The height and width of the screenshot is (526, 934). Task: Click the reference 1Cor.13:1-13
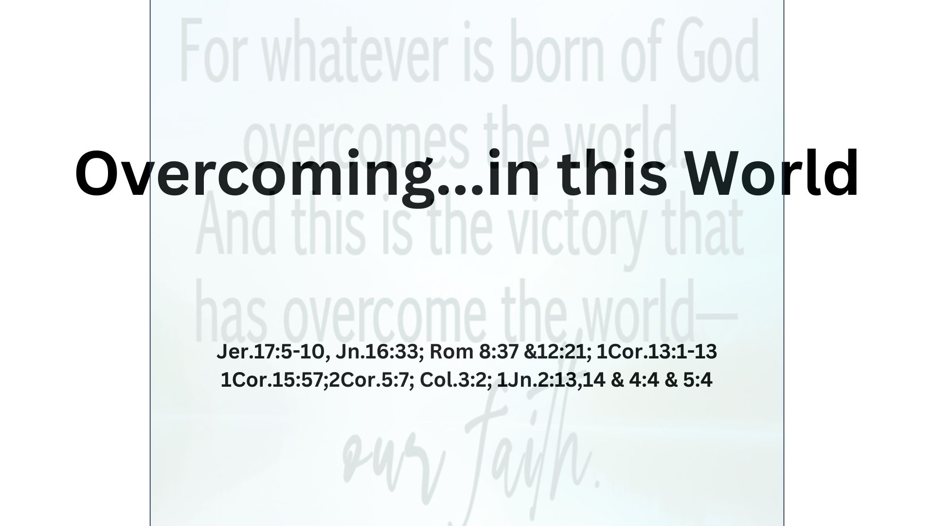pos(656,352)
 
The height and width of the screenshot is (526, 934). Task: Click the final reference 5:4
pos(698,380)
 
